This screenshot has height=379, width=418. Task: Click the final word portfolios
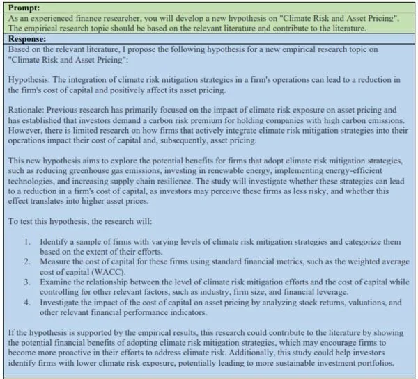pyautogui.click(x=373, y=364)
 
